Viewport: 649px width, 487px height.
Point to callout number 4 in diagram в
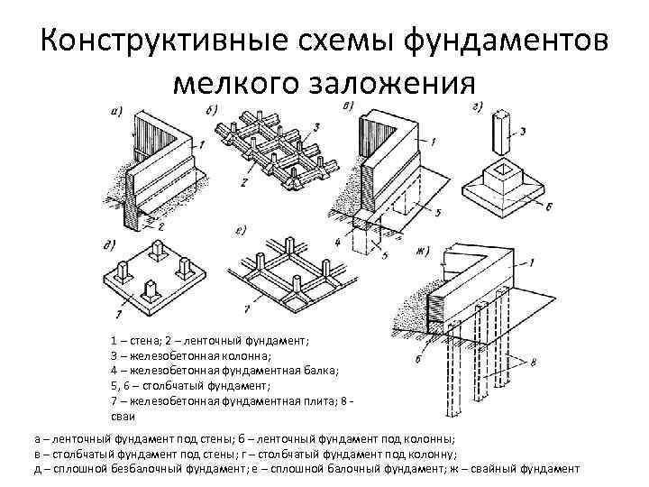coord(337,242)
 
